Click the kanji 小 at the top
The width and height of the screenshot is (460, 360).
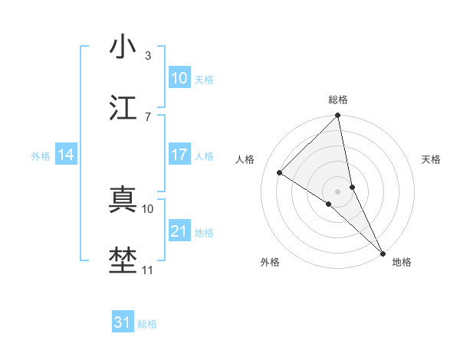coord(123,47)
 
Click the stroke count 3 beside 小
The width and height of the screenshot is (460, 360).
coord(148,55)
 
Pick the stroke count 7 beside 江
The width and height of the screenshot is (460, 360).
coord(148,116)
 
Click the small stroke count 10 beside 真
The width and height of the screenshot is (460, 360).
coord(149,208)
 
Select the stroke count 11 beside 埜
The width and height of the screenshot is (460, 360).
coord(148,270)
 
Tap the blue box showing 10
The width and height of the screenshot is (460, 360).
coord(179,78)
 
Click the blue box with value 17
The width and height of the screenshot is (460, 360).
coord(179,155)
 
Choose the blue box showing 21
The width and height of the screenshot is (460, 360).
coord(179,231)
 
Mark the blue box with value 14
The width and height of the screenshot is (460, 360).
coord(66,155)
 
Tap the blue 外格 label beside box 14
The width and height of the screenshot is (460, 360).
coord(41,156)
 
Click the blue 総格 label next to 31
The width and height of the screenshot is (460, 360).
coord(147,324)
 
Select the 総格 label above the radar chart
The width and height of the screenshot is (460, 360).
coord(338,100)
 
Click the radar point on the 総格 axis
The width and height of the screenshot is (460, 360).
coord(338,116)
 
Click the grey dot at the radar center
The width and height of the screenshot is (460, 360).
coord(338,191)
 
